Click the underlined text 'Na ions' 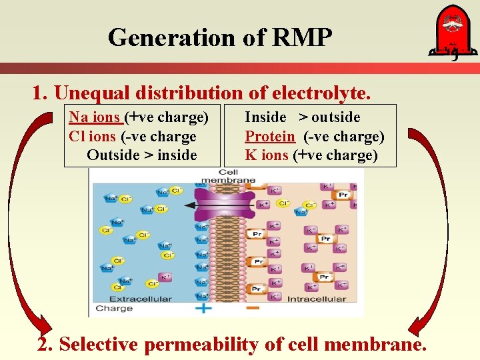(x=95, y=118)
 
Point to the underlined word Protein (x=270, y=137)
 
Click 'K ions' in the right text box (x=267, y=155)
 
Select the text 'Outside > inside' (x=142, y=155)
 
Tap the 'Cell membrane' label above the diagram (x=229, y=176)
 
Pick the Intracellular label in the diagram (x=316, y=299)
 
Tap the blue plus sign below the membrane (x=203, y=308)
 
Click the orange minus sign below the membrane (x=252, y=308)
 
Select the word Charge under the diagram (x=114, y=308)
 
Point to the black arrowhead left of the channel (x=189, y=205)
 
